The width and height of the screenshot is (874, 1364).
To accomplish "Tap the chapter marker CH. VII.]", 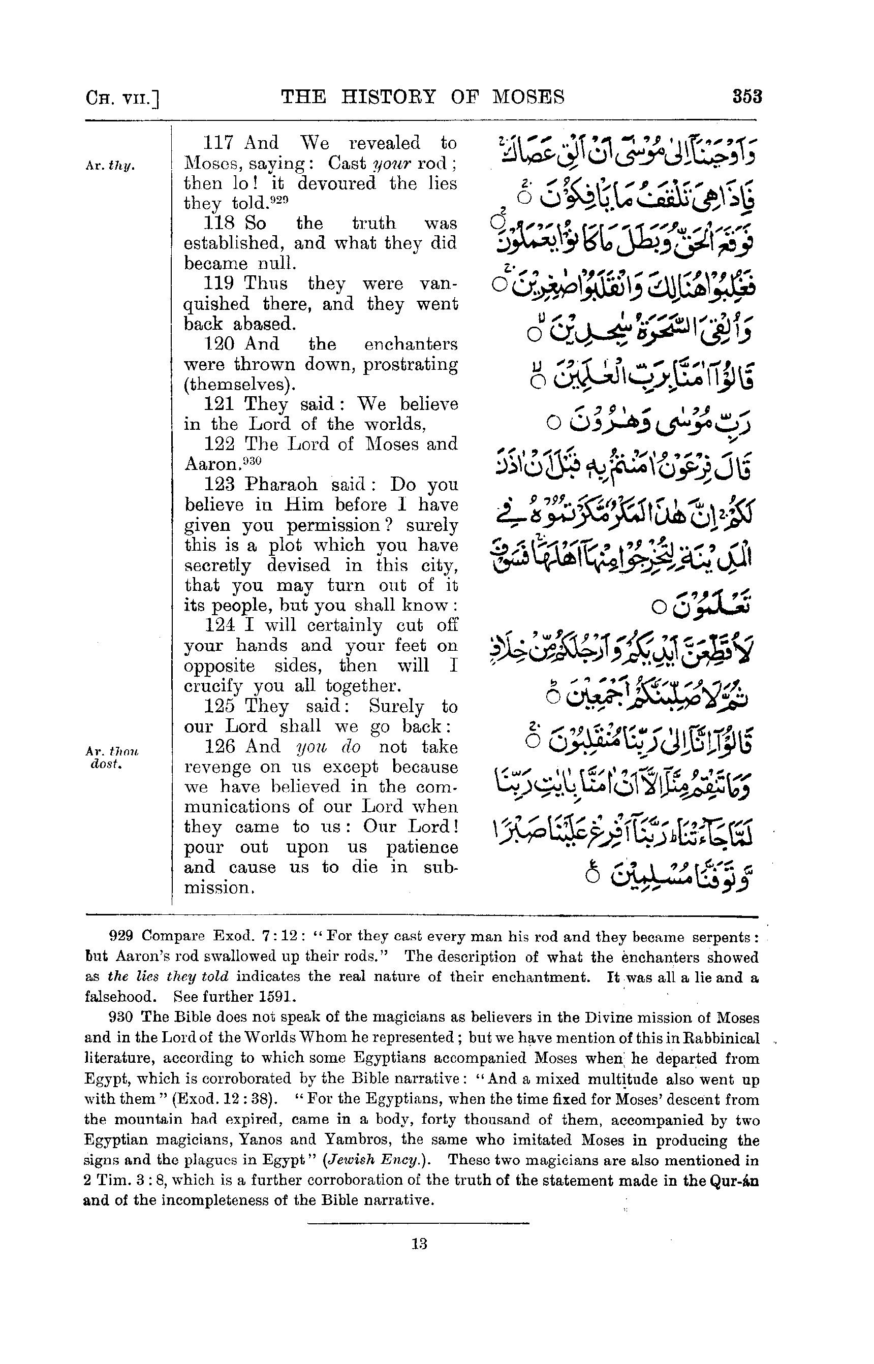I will coord(121,98).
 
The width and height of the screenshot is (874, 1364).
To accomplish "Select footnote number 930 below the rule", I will coord(120,1018).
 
